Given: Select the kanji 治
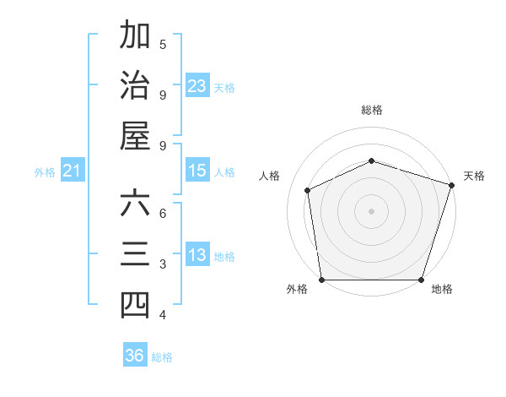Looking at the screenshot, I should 135,85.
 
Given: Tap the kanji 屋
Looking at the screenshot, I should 135,136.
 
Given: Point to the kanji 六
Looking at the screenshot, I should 135,204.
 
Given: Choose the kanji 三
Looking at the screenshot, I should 135,254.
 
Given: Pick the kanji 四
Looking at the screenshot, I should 135,305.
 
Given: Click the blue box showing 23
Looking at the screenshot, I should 197,86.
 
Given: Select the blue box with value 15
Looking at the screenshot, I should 197,171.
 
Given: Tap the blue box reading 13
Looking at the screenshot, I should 197,255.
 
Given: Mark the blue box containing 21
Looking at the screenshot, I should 73,171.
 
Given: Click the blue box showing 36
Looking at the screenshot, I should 135,356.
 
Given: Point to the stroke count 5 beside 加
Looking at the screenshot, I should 163,43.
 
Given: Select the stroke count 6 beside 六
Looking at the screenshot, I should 163,213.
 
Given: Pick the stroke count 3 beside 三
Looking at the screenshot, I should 163,264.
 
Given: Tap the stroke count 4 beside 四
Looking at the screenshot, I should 163,315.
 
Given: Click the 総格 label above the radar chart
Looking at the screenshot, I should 371,110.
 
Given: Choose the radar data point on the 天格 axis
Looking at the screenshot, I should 452,185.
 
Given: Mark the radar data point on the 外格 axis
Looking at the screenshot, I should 321,280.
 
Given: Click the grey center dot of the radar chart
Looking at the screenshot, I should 371,210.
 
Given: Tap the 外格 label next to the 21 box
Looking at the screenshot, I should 45,172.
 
